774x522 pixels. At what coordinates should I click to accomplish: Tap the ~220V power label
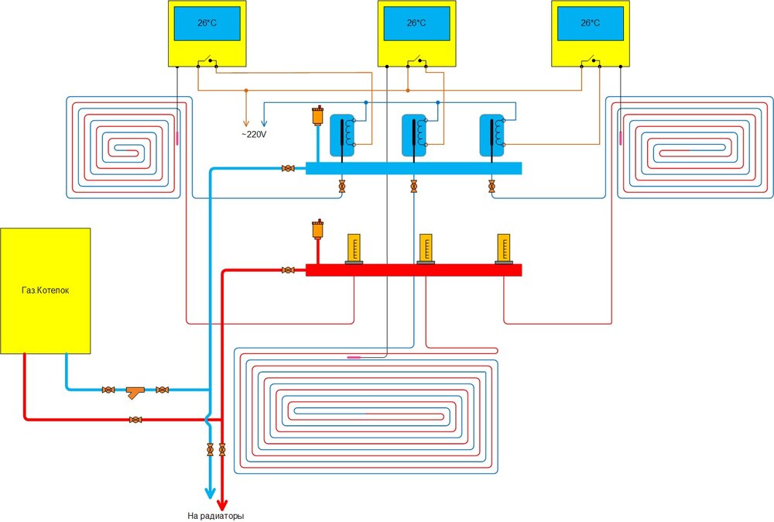click(255, 134)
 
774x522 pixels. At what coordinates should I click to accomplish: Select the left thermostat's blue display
click(206, 24)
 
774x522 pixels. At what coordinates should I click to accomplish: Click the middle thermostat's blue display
click(416, 24)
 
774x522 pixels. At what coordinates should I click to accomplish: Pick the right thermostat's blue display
click(590, 24)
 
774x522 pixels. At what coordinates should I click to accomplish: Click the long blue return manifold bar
click(413, 168)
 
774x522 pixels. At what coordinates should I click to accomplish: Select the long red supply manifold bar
click(413, 270)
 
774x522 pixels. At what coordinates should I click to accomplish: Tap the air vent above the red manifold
click(316, 230)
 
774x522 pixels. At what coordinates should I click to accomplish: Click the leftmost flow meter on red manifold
click(354, 249)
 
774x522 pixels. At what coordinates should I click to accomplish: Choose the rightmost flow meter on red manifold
click(504, 249)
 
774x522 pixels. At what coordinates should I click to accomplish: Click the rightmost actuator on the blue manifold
click(491, 135)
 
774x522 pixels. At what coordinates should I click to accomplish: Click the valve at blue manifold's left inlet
click(288, 168)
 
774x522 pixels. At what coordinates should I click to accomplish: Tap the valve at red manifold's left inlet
click(288, 270)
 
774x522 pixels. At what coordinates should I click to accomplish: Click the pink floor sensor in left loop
click(177, 138)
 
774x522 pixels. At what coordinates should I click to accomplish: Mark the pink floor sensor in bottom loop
click(358, 357)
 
